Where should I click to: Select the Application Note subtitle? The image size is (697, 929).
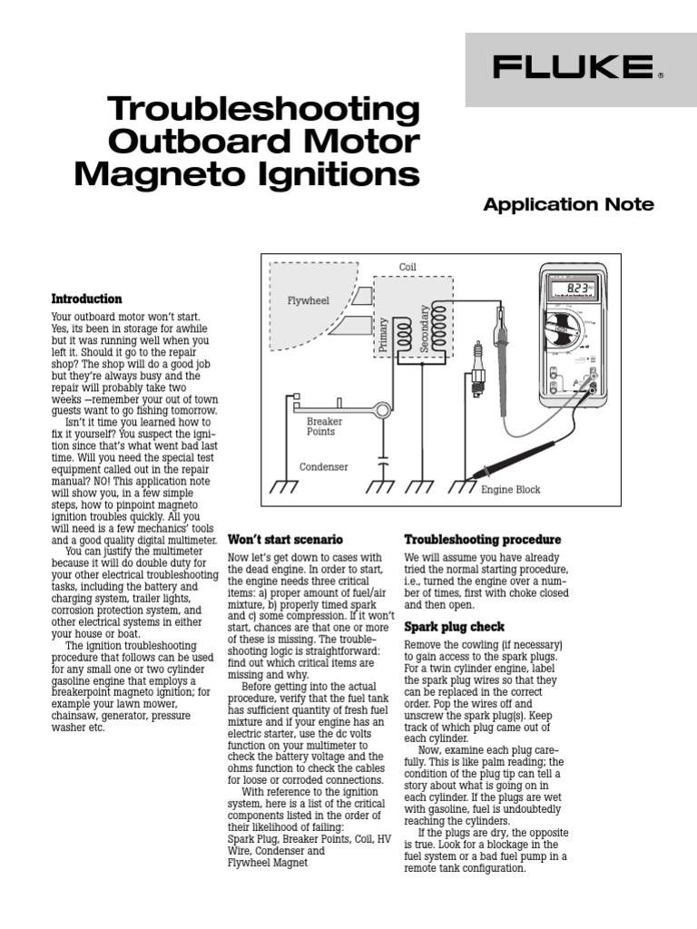[x=568, y=205]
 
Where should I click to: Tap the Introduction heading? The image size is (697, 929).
[x=86, y=298]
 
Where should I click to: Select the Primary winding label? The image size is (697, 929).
[x=384, y=334]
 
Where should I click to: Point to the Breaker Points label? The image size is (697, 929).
[x=324, y=426]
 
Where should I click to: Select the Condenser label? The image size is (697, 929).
[x=324, y=467]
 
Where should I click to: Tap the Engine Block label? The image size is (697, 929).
[x=510, y=490]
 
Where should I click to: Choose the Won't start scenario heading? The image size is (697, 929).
[x=285, y=539]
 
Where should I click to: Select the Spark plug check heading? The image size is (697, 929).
[x=454, y=627]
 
